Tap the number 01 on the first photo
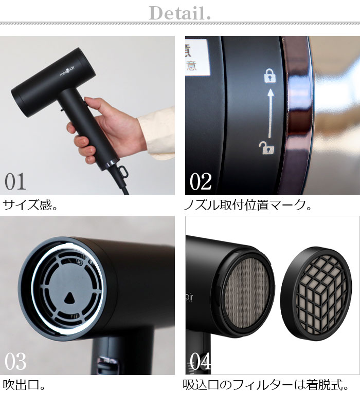(x=15, y=181)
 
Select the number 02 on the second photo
(x=201, y=181)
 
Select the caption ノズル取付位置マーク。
(x=248, y=205)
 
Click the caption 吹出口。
(x=24, y=384)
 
